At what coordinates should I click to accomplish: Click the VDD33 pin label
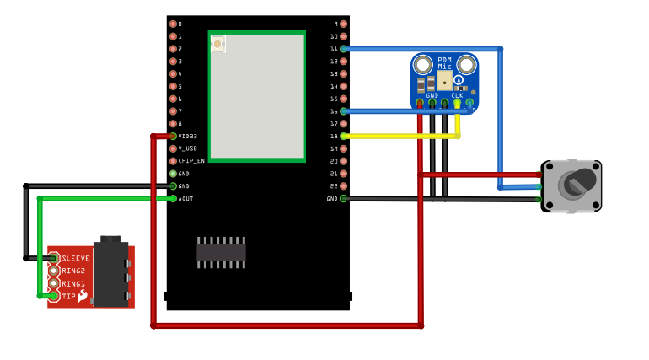click(187, 136)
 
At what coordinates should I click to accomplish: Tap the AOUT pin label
click(185, 198)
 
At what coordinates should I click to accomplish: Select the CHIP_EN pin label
click(190, 161)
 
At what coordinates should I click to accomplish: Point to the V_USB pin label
click(187, 148)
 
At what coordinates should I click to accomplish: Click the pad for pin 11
click(343, 49)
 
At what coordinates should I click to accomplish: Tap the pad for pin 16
click(343, 111)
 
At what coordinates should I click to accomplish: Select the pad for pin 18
click(343, 136)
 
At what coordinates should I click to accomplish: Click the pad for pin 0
click(173, 24)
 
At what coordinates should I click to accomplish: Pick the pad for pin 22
click(343, 185)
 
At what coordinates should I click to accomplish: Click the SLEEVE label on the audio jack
click(76, 258)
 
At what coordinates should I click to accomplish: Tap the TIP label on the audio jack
click(68, 296)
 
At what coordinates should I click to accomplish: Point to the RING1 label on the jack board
click(73, 283)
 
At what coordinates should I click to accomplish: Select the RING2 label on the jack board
click(73, 271)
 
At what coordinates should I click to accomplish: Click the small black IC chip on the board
click(221, 251)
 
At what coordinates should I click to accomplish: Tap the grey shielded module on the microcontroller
click(257, 97)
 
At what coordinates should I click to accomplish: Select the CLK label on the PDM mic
click(457, 95)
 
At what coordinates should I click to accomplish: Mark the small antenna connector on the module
click(217, 43)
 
